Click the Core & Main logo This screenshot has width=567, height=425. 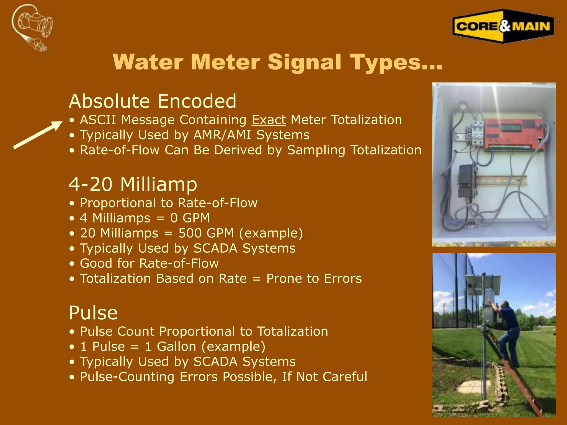tap(503, 26)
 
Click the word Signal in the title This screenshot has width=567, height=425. tap(304, 62)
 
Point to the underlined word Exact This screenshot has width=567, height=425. tap(269, 120)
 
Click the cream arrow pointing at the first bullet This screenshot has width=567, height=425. tap(38, 135)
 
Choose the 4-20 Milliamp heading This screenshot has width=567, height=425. tap(133, 184)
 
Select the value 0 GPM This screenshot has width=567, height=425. tap(190, 218)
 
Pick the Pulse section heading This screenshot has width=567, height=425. tap(93, 313)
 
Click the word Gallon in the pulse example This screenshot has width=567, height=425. tap(176, 346)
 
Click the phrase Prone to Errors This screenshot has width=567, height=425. tap(314, 279)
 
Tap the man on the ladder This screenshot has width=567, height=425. tap(508, 332)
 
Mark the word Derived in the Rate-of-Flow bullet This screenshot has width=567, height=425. tap(238, 150)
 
